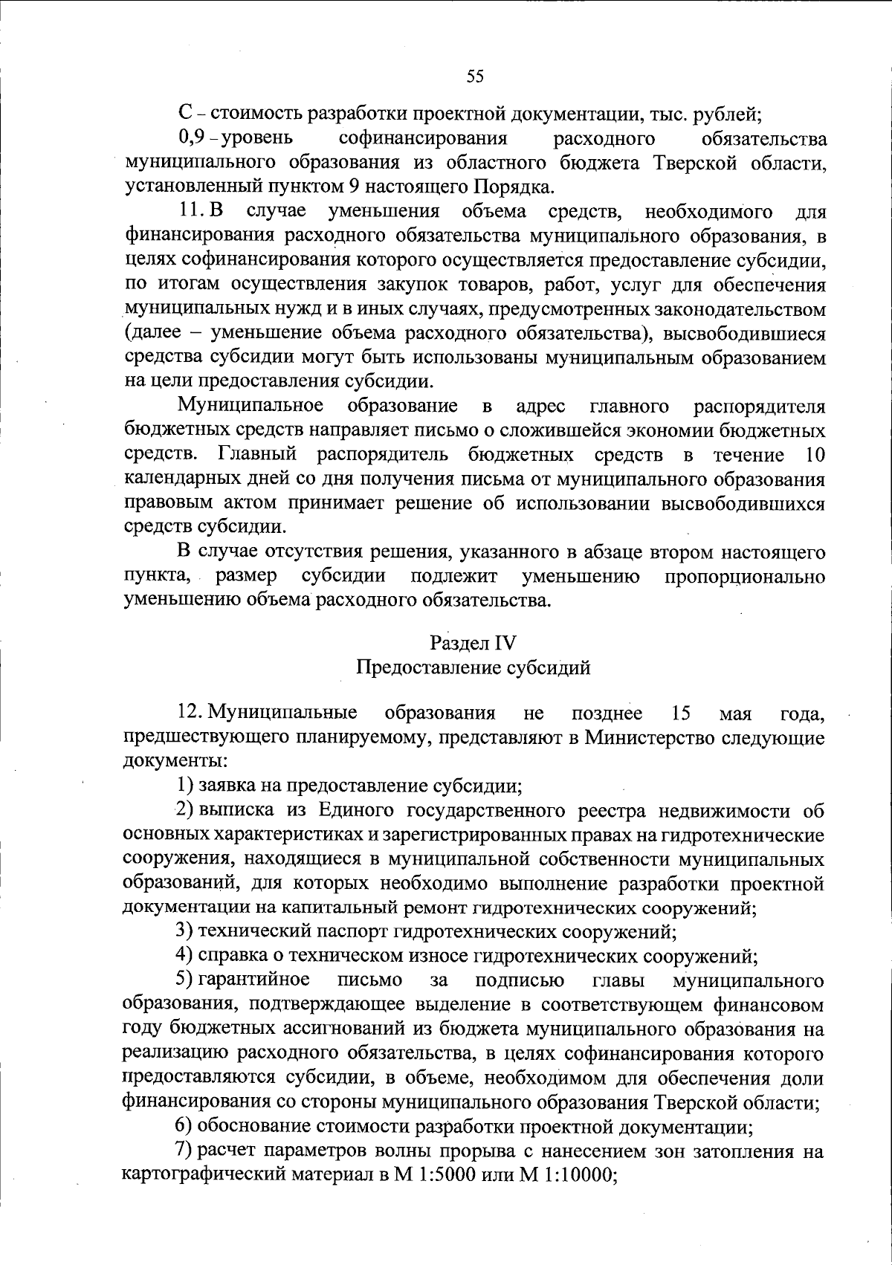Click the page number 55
[475, 76]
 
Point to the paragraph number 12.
[191, 714]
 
